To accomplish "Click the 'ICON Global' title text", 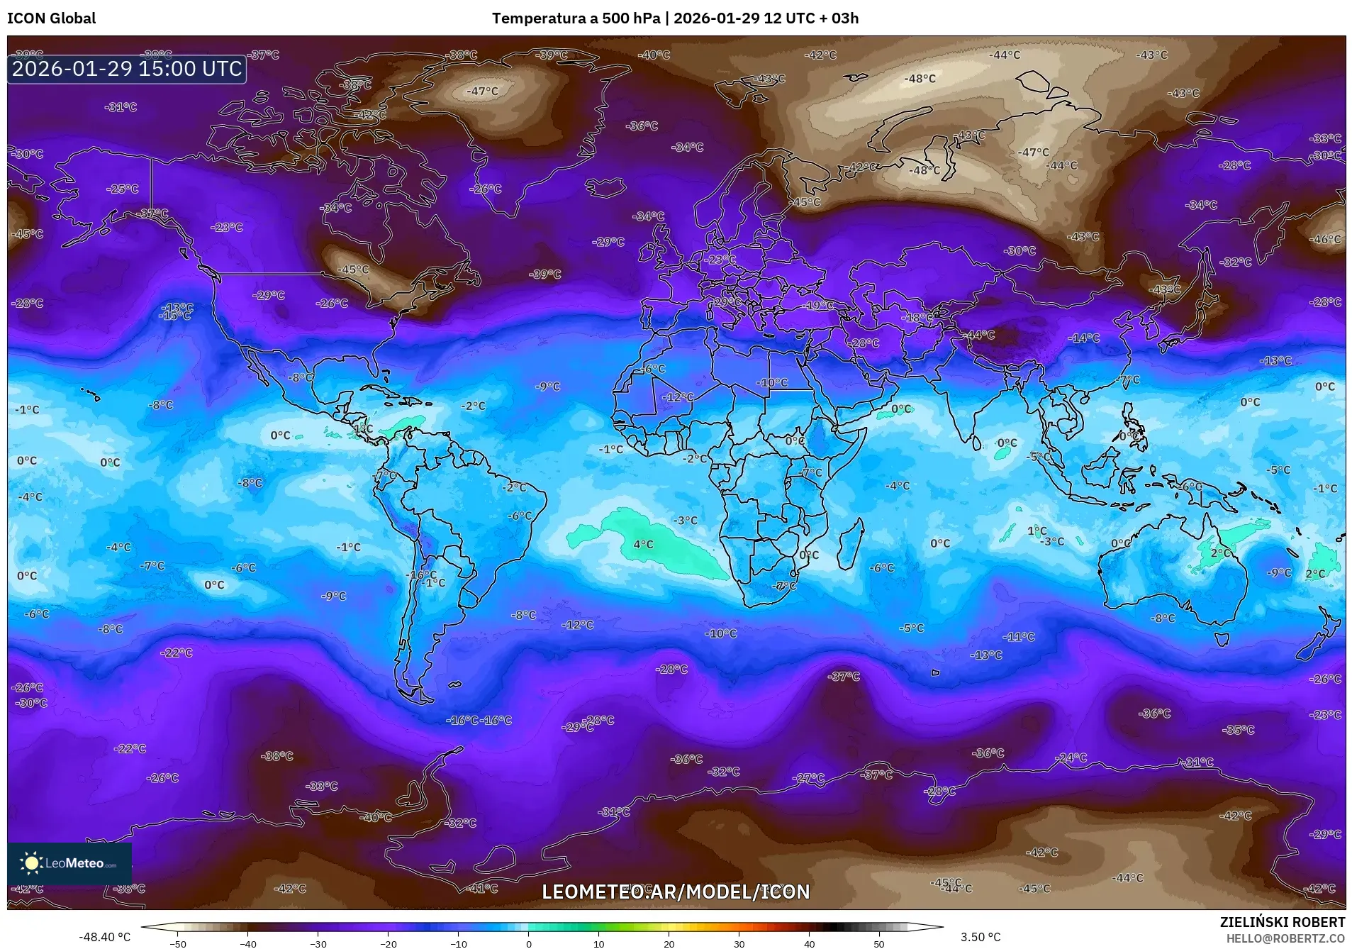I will (51, 18).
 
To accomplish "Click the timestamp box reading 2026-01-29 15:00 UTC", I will (127, 69).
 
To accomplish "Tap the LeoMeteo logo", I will (69, 863).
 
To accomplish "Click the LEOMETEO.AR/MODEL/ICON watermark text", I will (675, 892).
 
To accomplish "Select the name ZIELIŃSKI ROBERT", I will (1282, 922).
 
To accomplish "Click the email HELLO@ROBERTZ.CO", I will (1285, 938).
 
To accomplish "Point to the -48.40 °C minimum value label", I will (104, 937).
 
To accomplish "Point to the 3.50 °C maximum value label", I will (980, 937).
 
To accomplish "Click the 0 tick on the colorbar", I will (528, 943).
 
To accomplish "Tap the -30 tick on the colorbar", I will (318, 943).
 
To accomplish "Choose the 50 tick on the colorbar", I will (878, 943).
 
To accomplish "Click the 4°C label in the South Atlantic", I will (643, 545).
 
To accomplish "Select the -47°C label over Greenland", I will (482, 91).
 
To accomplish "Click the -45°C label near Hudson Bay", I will (353, 270).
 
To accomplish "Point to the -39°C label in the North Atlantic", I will (545, 274).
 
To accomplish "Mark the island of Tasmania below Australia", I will (1221, 639).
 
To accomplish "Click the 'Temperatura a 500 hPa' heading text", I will (576, 18).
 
